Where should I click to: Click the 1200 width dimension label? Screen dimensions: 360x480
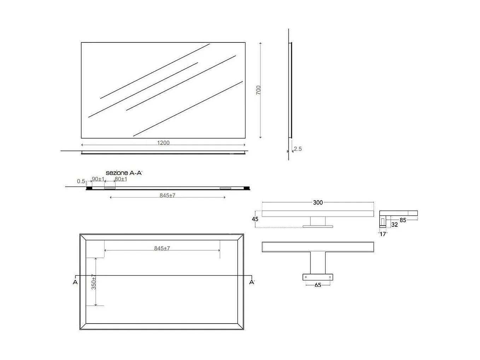(163, 143)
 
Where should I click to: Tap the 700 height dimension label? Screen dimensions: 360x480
(258, 90)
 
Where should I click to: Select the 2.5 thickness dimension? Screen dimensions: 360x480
(298, 149)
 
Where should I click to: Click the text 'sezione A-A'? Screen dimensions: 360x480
(124, 173)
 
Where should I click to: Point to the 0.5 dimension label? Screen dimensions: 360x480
(81, 181)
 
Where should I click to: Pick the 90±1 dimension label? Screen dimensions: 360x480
(98, 179)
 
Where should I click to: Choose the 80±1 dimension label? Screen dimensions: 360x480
(121, 179)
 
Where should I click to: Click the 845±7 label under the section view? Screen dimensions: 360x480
(168, 195)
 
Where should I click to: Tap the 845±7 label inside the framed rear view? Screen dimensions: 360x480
(162, 248)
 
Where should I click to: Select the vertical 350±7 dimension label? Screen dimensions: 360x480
(94, 282)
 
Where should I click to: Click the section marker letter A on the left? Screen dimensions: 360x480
(75, 282)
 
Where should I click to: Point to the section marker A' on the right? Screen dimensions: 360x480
(252, 282)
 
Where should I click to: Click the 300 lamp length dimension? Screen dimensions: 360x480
(318, 203)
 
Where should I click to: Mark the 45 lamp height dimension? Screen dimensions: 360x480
(255, 219)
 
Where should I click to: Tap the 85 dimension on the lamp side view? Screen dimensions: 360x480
(403, 220)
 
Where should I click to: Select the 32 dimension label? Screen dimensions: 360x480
(394, 225)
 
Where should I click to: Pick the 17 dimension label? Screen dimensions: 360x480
(383, 234)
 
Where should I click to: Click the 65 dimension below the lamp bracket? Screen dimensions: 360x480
(318, 285)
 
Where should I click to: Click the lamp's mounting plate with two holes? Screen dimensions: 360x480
(318, 277)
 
